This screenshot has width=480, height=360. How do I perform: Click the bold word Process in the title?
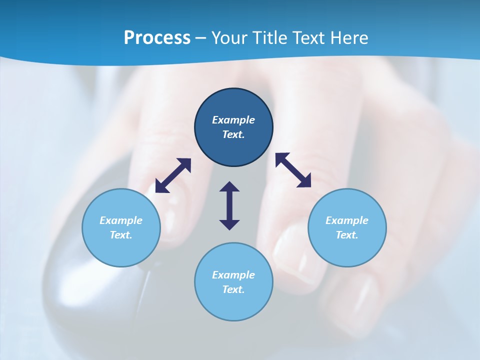pyautogui.click(x=157, y=38)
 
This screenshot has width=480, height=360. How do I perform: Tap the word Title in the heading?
pyautogui.click(x=269, y=38)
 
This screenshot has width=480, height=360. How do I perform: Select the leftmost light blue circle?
pyautogui.click(x=121, y=227)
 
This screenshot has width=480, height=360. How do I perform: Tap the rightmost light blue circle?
pyautogui.click(x=347, y=227)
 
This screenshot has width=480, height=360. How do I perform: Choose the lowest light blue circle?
pyautogui.click(x=233, y=282)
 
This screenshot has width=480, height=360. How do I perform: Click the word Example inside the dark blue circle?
pyautogui.click(x=233, y=120)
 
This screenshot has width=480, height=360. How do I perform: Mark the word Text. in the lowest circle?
pyautogui.click(x=233, y=289)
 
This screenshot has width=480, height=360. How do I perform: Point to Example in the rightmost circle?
pyautogui.click(x=347, y=220)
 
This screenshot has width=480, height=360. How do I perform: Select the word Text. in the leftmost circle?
pyautogui.click(x=121, y=235)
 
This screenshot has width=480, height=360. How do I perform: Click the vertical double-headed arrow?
pyautogui.click(x=229, y=205)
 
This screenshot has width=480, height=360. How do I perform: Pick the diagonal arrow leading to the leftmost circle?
pyautogui.click(x=173, y=175)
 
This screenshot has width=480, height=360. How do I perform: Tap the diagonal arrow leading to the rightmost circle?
pyautogui.click(x=293, y=170)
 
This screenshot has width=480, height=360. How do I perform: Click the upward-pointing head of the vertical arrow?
pyautogui.click(x=229, y=187)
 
